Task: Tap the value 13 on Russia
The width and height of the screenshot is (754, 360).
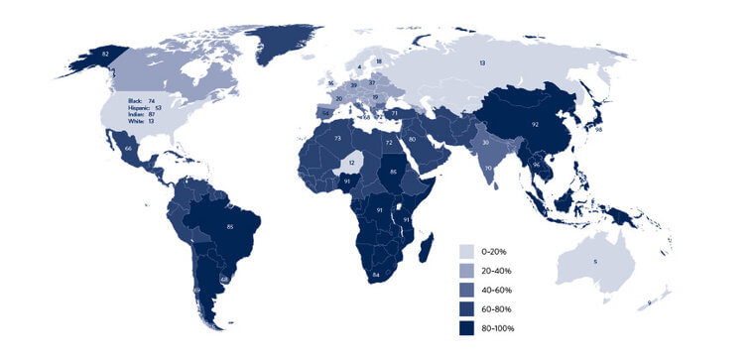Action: [x=482, y=62]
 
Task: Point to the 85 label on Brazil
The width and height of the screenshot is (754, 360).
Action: [x=231, y=227]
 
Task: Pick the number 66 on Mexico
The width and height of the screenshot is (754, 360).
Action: [x=129, y=148]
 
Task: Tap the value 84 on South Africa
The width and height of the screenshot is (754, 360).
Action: [x=376, y=274]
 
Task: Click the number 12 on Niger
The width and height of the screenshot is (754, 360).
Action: [x=351, y=162]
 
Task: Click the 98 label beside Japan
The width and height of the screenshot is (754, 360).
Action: [x=599, y=130]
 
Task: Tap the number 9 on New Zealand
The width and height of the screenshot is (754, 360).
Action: [x=649, y=301]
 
